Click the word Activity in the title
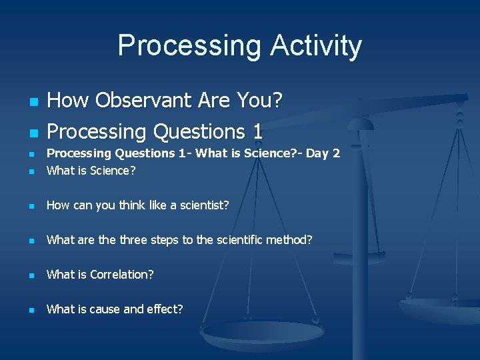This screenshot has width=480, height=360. pos(316,46)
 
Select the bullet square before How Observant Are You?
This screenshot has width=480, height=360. pos(31,103)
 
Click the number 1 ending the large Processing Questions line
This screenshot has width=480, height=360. pos(257,131)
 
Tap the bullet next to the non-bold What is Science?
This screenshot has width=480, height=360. pos(31,171)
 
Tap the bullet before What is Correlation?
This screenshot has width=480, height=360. pos(31,275)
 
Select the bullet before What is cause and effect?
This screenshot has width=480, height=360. pos(31,310)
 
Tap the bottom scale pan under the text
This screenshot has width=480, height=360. pos(263,333)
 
